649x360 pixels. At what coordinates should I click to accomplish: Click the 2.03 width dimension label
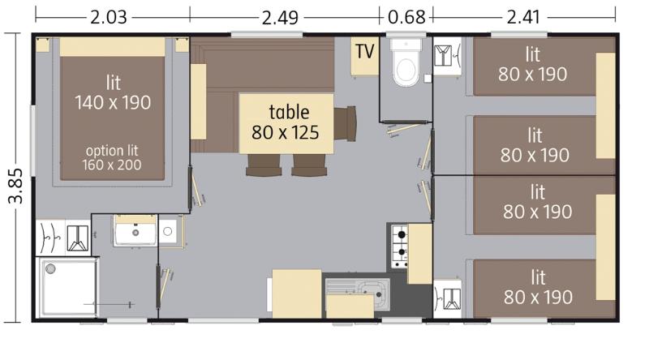click(109, 18)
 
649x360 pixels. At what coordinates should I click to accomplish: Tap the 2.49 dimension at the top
click(280, 18)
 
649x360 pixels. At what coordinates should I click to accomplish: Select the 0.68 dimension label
click(407, 17)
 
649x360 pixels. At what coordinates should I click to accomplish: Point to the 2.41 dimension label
click(523, 17)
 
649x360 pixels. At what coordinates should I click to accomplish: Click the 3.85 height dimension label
click(16, 186)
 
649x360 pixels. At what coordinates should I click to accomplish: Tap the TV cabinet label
click(364, 52)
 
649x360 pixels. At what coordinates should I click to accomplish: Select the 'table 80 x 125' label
click(286, 122)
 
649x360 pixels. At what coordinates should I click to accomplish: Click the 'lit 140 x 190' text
click(113, 92)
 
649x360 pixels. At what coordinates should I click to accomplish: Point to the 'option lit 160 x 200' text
click(112, 157)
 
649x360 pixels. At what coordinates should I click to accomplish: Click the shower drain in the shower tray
click(50, 269)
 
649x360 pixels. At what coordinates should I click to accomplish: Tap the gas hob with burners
click(400, 246)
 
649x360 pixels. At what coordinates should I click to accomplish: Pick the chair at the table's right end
click(346, 123)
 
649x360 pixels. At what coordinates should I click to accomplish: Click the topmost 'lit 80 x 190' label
click(533, 65)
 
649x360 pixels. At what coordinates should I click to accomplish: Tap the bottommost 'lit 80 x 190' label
click(538, 287)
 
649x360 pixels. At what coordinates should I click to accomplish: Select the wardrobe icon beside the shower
click(63, 238)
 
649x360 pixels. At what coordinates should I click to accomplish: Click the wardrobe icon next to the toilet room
click(448, 56)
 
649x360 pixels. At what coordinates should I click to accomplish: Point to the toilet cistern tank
click(406, 45)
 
